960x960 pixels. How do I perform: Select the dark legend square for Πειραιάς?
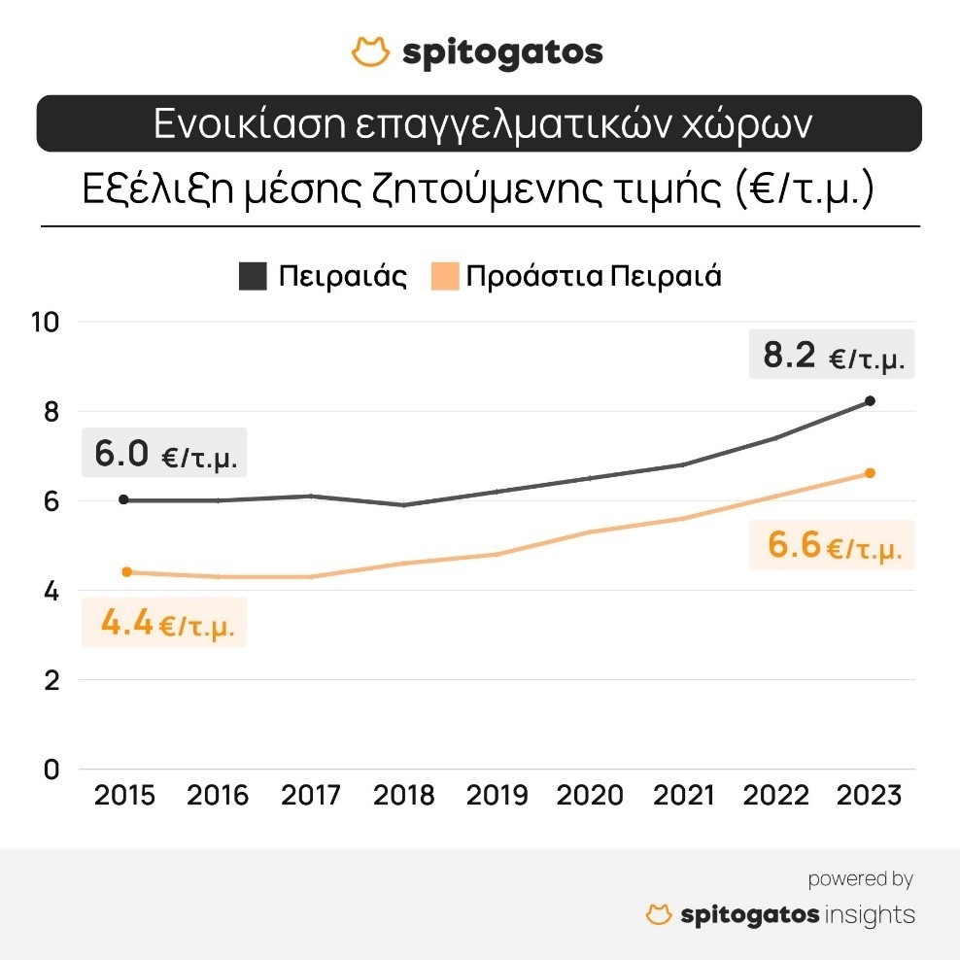tap(253, 276)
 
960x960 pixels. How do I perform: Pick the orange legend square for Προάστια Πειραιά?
tap(442, 276)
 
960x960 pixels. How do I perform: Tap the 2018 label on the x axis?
tap(403, 796)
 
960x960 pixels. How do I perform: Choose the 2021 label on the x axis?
tap(683, 796)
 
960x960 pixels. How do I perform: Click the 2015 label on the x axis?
tap(123, 796)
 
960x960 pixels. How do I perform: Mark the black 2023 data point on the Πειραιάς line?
tap(870, 400)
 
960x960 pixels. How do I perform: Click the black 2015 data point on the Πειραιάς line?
tap(123, 499)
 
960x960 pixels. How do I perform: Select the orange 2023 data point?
tap(870, 473)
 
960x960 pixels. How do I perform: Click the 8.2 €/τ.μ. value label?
tap(833, 356)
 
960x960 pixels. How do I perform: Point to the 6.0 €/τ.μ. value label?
tap(165, 454)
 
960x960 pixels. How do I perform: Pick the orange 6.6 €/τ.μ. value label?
tap(833, 546)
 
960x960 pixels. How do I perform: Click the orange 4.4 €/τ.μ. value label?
tap(165, 623)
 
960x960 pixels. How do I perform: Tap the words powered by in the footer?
tap(860, 879)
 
